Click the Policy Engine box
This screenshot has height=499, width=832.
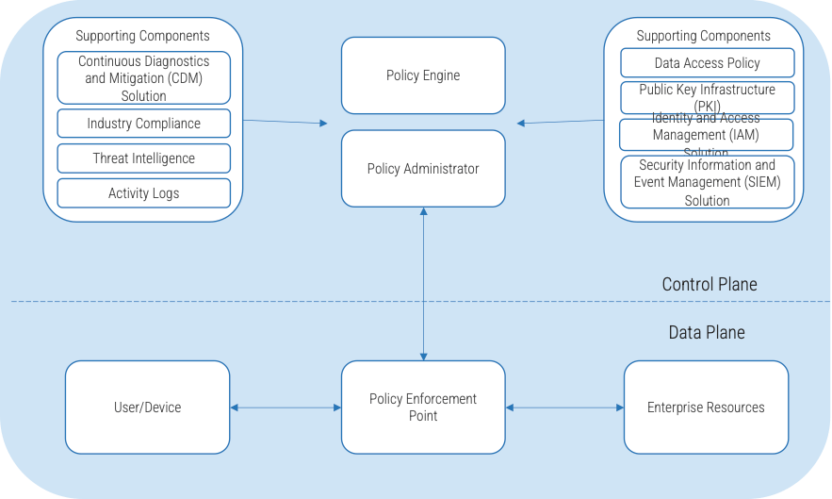click(x=423, y=75)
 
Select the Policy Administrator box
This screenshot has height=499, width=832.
click(x=423, y=169)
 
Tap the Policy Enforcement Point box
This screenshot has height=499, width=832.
click(x=423, y=407)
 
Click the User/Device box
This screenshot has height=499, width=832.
click(x=147, y=407)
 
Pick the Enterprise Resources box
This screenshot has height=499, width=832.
click(x=706, y=407)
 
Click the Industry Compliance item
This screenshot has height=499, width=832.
click(x=144, y=124)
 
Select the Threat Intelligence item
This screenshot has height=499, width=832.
click(x=144, y=158)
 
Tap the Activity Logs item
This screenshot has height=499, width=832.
click(x=144, y=193)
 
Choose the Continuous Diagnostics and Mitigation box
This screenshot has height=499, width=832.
click(x=144, y=78)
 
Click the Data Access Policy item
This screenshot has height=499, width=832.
click(x=707, y=63)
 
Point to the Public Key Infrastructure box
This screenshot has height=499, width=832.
click(x=707, y=97)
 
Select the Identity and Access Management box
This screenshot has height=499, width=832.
click(x=707, y=134)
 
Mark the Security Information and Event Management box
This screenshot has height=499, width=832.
click(x=707, y=182)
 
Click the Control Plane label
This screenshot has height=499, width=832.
click(x=709, y=284)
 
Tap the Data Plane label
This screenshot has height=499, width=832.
click(x=707, y=332)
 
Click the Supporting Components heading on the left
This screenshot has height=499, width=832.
click(x=142, y=36)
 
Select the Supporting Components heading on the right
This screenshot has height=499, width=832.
click(x=703, y=36)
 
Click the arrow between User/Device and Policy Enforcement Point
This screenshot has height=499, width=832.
click(x=285, y=408)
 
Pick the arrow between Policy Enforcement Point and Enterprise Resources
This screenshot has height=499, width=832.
click(x=564, y=408)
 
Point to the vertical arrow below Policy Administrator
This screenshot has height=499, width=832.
click(x=423, y=283)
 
